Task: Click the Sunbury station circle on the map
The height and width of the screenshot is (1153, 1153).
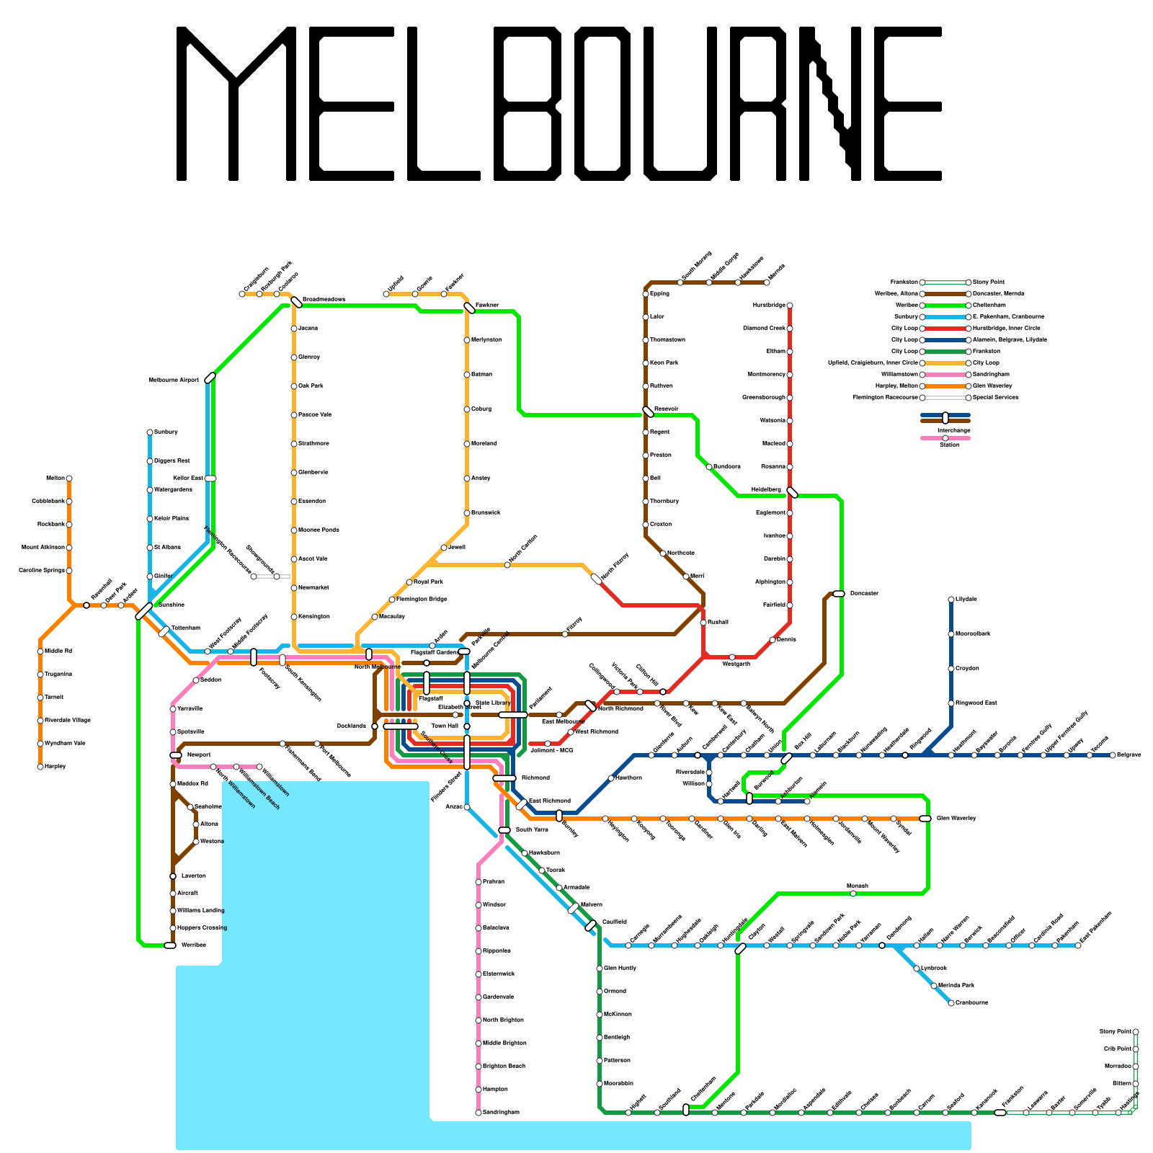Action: pos(150,432)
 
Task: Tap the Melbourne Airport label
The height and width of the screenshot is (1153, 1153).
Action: pos(174,380)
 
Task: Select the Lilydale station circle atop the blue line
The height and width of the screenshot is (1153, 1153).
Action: pos(951,600)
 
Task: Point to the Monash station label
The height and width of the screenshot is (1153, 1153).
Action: pos(858,886)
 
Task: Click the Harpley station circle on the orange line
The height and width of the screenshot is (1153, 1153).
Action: pos(40,767)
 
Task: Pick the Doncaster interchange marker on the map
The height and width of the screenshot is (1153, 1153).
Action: pos(839,594)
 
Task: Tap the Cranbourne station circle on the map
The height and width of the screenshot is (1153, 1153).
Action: pos(951,1003)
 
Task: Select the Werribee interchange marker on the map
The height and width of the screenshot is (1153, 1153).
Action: pos(170,945)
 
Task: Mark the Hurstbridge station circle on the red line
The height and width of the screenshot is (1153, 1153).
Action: pos(790,306)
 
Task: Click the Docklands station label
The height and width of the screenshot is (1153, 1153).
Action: pos(352,726)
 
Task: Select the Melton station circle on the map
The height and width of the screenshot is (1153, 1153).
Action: pos(69,478)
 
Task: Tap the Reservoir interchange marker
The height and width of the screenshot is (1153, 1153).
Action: pos(649,412)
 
